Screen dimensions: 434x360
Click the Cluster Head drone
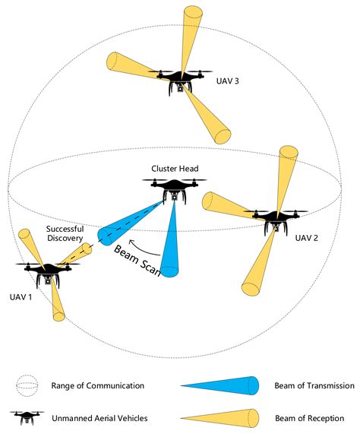click(174, 188)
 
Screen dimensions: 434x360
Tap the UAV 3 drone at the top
click(180, 80)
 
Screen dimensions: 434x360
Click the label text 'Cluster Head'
click(174, 168)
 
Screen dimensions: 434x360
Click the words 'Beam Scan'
click(138, 261)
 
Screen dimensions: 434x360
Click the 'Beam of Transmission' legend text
click(314, 385)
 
